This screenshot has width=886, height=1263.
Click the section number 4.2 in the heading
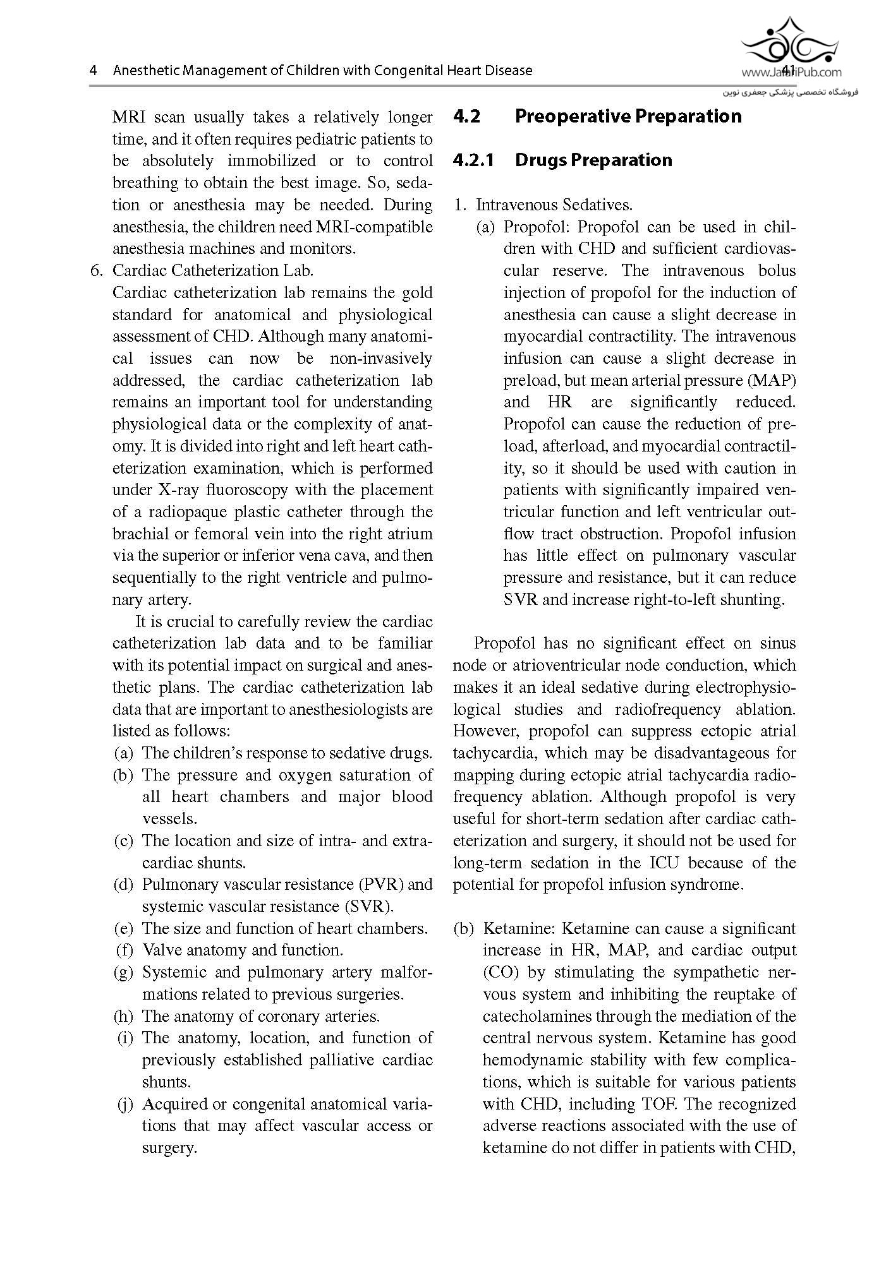click(x=467, y=117)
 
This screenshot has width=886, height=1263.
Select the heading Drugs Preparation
click(x=593, y=160)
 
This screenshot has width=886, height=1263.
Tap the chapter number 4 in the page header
click(x=94, y=71)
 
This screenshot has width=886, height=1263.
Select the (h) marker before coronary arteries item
click(x=123, y=1017)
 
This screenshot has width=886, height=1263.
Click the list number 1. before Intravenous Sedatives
click(x=460, y=205)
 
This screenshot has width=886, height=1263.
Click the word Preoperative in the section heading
click(x=572, y=117)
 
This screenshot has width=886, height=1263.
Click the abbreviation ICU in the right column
click(x=662, y=863)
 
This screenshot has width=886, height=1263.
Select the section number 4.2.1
click(x=473, y=160)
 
